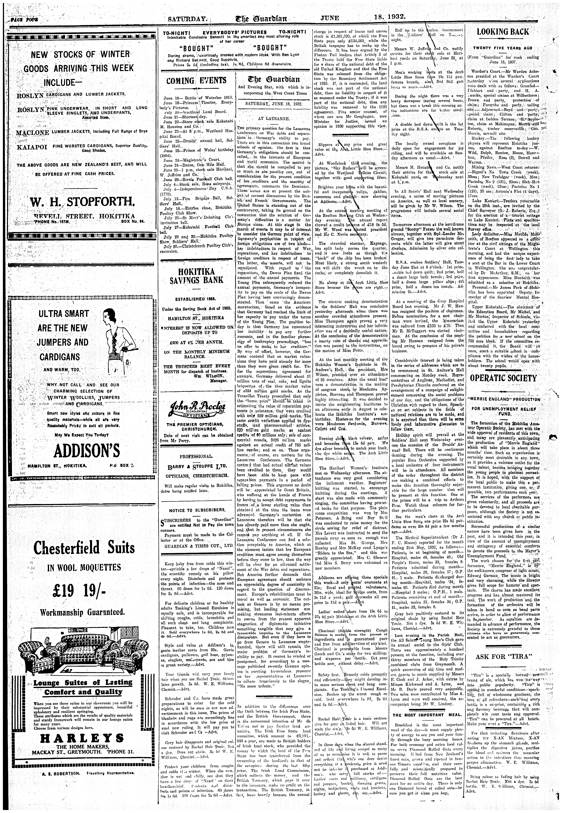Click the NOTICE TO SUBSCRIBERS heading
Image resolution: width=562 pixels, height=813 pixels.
[x=196, y=510]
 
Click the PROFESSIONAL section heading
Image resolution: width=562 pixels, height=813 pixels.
[x=196, y=456]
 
